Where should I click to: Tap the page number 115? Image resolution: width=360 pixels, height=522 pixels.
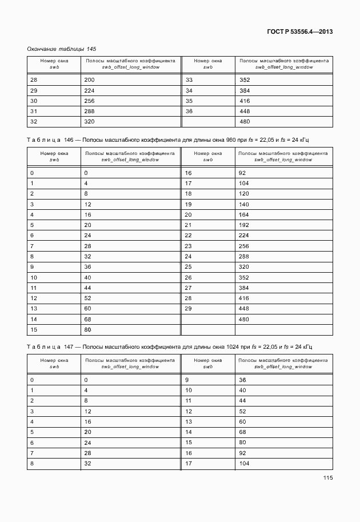327,478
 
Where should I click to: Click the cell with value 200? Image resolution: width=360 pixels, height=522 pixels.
89,80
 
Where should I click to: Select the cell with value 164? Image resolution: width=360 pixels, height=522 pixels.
245,214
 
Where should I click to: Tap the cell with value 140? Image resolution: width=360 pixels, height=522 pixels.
245,204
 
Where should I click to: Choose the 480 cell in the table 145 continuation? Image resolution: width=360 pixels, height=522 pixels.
245,122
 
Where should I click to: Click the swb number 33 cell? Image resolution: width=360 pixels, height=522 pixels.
189,80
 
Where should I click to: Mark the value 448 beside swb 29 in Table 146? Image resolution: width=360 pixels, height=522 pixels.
245,308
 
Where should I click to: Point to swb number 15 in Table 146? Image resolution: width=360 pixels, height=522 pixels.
33,329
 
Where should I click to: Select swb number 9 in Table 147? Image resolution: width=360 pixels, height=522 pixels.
187,380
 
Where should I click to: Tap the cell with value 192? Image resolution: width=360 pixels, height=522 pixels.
245,225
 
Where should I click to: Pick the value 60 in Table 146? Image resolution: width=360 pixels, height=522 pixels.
88,308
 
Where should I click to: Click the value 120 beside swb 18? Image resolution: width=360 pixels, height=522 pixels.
245,194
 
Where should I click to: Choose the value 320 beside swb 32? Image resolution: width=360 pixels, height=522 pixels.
89,122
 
